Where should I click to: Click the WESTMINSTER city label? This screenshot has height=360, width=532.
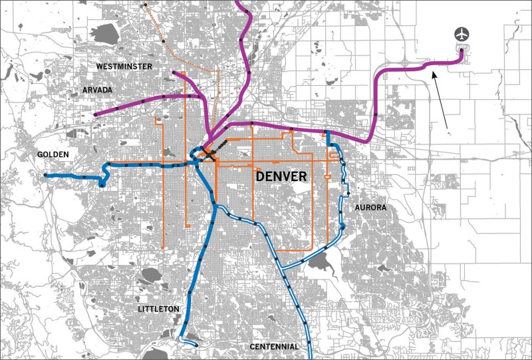point(124,67)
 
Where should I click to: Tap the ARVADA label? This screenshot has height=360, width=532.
point(98,89)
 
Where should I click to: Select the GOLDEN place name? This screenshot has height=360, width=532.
point(53,154)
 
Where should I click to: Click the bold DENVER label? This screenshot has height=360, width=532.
point(281,176)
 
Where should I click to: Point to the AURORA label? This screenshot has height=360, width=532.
point(370,208)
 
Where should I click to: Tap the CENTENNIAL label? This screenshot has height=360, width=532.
point(274,347)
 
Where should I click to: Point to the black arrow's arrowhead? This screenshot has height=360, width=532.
point(433,73)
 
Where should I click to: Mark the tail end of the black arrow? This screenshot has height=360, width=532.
point(447,127)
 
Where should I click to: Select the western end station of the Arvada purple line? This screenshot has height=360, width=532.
point(96,115)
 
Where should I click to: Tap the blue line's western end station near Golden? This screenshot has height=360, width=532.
point(46,175)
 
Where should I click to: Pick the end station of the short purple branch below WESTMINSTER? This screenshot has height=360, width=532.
point(173,73)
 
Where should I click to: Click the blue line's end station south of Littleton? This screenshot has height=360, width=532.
point(197,345)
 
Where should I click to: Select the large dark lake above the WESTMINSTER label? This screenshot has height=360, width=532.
point(106,32)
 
